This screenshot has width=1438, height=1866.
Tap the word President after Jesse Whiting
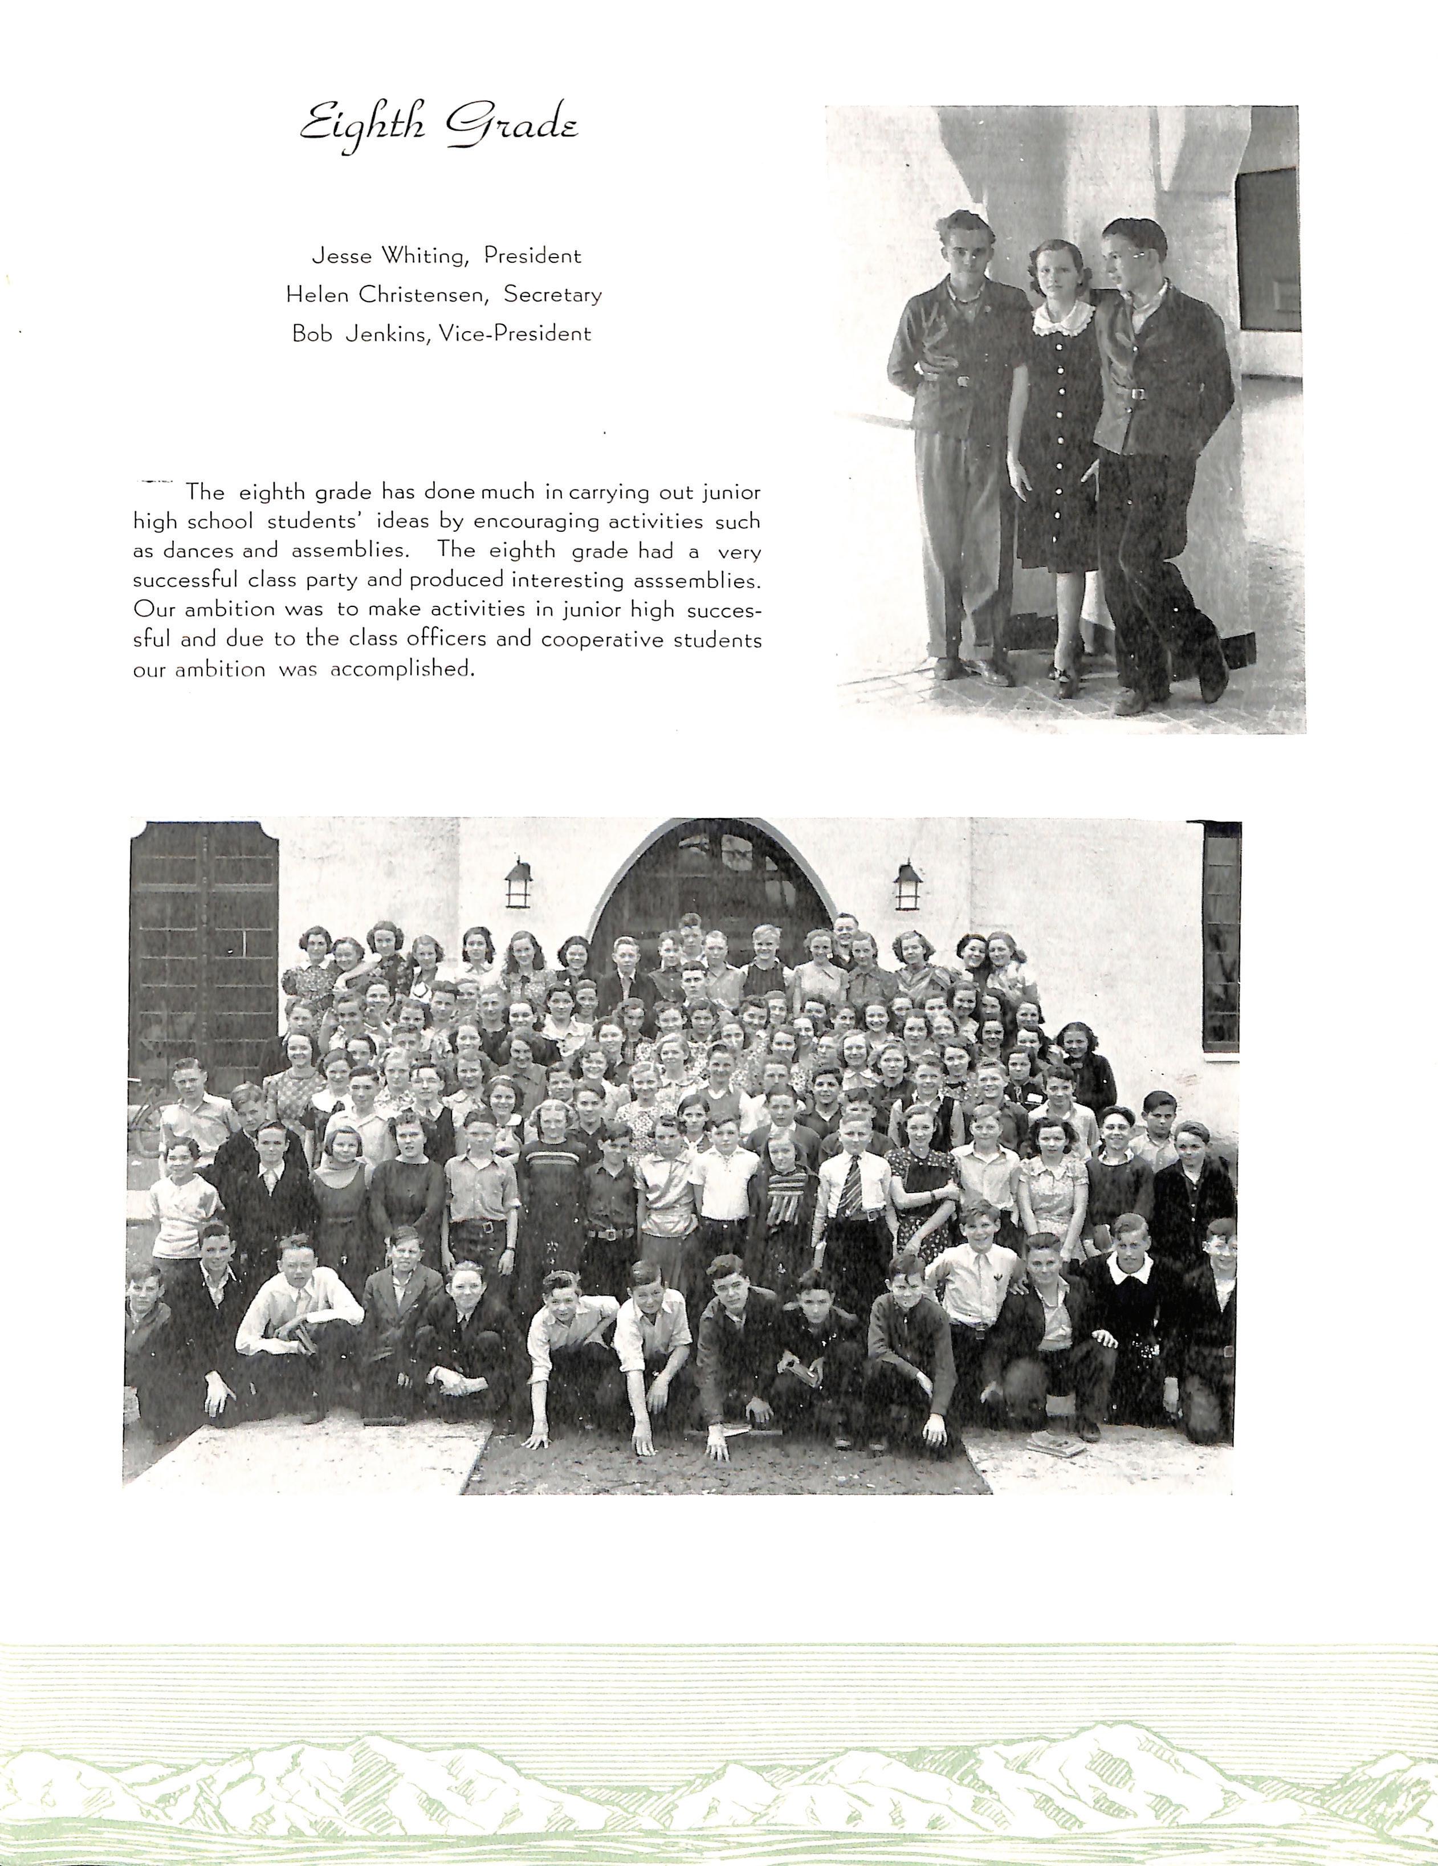[532, 255]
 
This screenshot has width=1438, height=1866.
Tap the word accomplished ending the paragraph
[401, 669]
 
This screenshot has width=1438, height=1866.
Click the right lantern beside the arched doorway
[907, 886]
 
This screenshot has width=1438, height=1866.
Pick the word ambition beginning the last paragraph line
[221, 669]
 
